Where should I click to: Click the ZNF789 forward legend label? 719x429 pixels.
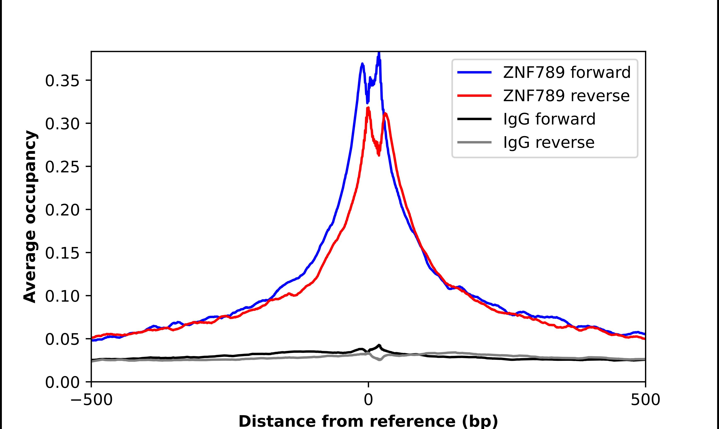pyautogui.click(x=567, y=72)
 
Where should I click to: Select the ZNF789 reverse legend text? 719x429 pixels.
pyautogui.click(x=566, y=96)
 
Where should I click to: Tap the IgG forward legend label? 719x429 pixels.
pyautogui.click(x=549, y=119)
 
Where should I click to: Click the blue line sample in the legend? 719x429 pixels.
pyautogui.click(x=474, y=72)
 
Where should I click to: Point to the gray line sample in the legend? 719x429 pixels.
pyautogui.click(x=474, y=142)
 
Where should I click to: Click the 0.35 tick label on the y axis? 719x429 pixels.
pyautogui.click(x=62, y=81)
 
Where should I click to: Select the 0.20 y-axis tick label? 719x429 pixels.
pyautogui.click(x=62, y=210)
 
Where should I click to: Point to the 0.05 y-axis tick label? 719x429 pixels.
pyautogui.click(x=62, y=339)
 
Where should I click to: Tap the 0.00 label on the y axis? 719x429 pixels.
pyautogui.click(x=62, y=382)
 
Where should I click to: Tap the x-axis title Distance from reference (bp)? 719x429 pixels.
pyautogui.click(x=368, y=421)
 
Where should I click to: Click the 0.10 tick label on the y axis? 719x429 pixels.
pyautogui.click(x=62, y=296)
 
